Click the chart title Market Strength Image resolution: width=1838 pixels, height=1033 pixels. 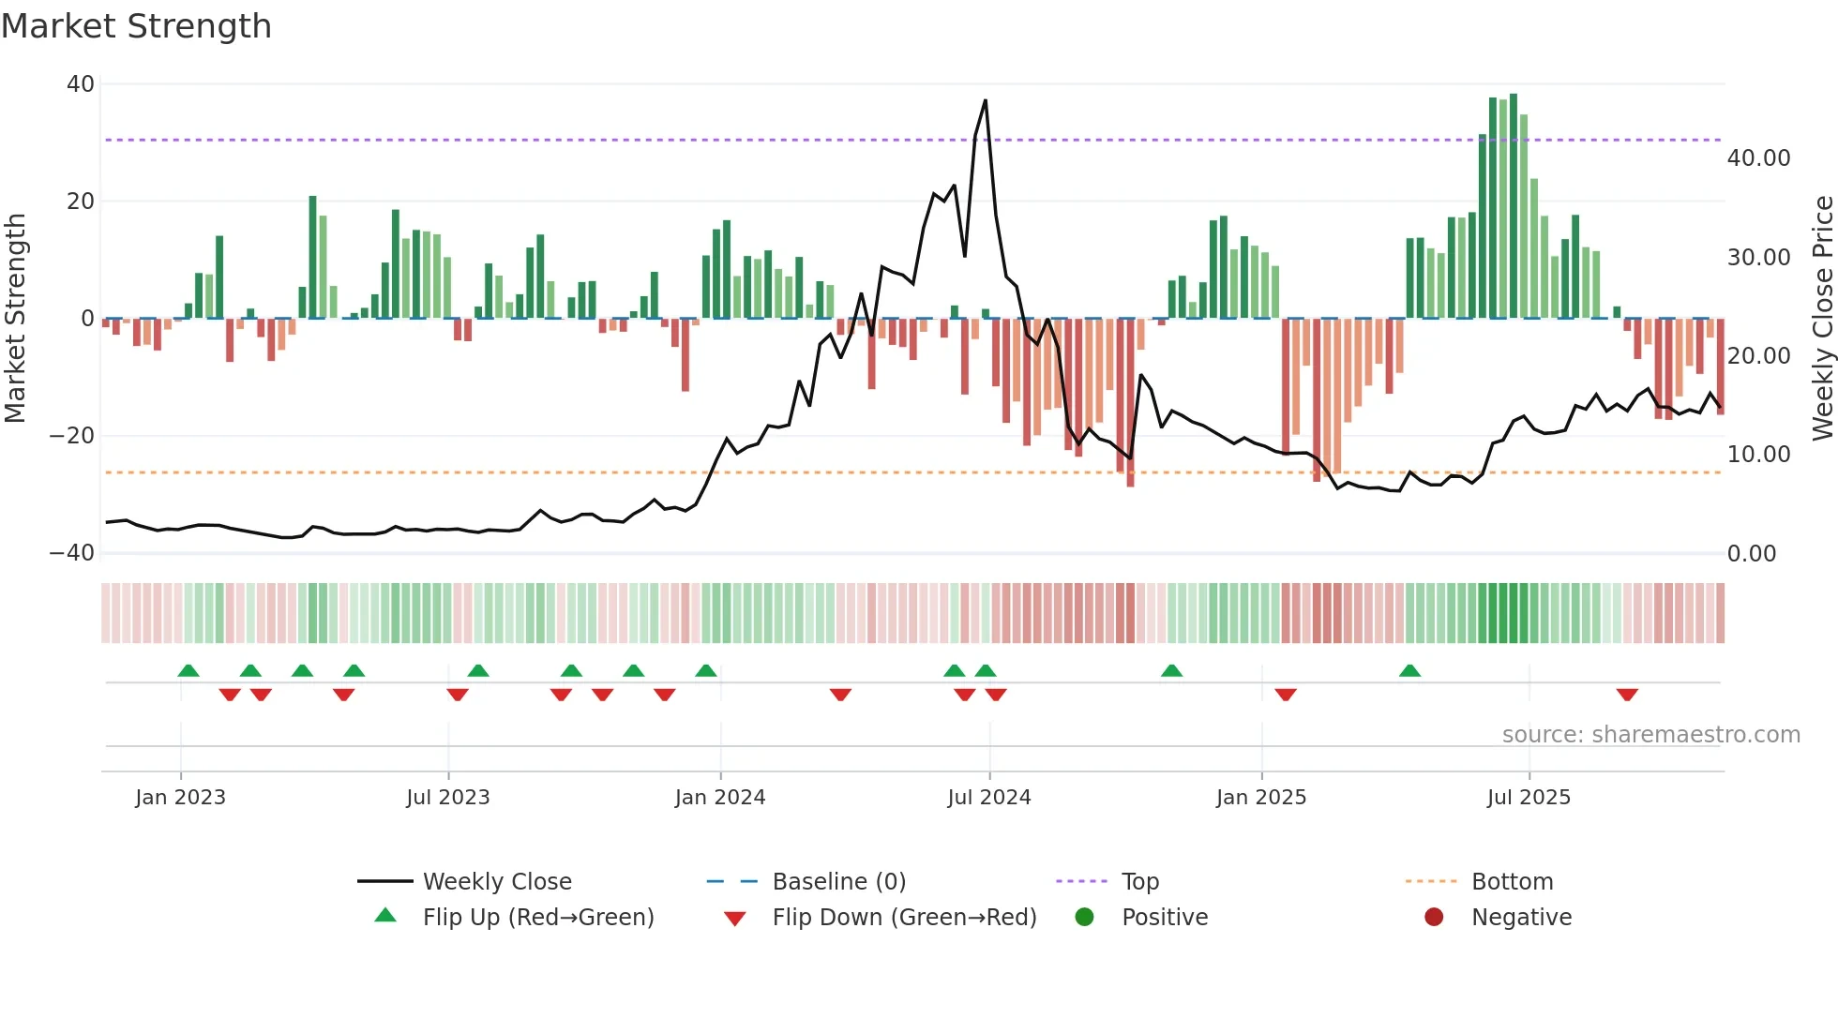click(x=136, y=26)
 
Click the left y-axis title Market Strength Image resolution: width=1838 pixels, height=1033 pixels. click(x=16, y=318)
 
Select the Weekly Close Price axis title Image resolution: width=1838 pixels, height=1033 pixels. click(x=1821, y=318)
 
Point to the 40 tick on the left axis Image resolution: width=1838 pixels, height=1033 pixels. click(x=81, y=84)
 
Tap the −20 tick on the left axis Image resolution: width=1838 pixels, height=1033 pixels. click(x=72, y=436)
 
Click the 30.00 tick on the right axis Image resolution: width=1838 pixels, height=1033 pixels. click(x=1758, y=258)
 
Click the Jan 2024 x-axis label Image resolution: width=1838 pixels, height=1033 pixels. click(x=719, y=798)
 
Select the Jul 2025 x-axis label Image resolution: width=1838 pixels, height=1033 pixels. click(x=1528, y=798)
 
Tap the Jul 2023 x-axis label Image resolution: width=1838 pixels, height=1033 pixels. click(x=447, y=798)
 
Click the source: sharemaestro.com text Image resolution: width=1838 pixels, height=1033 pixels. click(x=1650, y=735)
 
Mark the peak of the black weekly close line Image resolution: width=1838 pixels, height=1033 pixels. click(x=985, y=100)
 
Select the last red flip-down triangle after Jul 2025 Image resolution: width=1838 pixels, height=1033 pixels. click(x=1627, y=695)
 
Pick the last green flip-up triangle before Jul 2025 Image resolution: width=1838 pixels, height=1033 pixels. click(x=1409, y=670)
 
